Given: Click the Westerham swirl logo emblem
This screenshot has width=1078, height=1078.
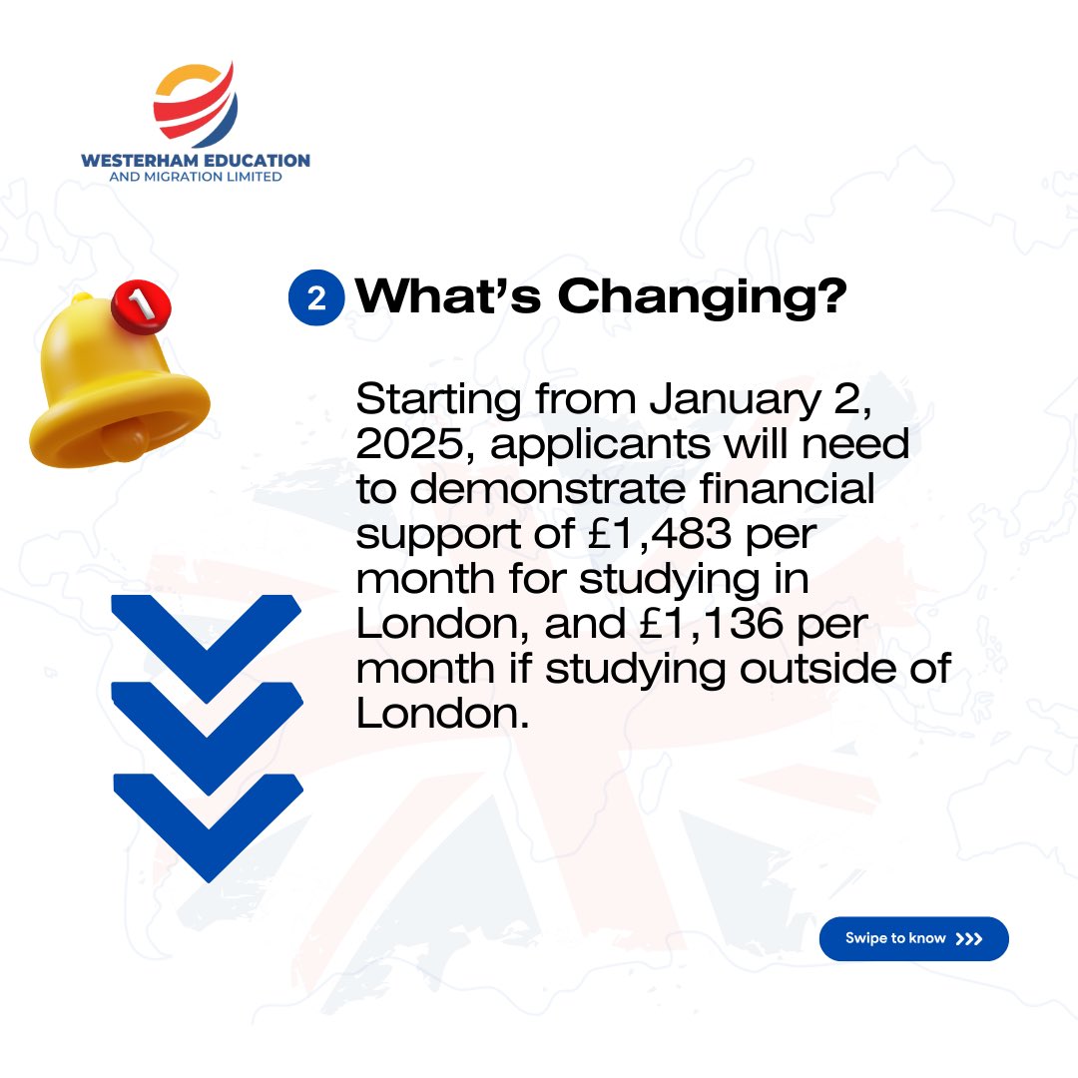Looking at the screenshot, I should point(196,103).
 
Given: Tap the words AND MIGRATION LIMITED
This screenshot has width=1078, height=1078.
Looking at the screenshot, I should point(196,177).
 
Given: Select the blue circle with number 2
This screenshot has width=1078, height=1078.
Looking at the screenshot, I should point(316,297).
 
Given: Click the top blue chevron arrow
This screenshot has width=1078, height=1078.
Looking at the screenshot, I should point(207,639).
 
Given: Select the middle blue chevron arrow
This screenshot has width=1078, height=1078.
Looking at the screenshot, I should point(207,729).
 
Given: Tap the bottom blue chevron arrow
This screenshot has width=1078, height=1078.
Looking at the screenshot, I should point(207,818).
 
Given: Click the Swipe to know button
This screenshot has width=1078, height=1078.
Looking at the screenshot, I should point(913,938).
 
